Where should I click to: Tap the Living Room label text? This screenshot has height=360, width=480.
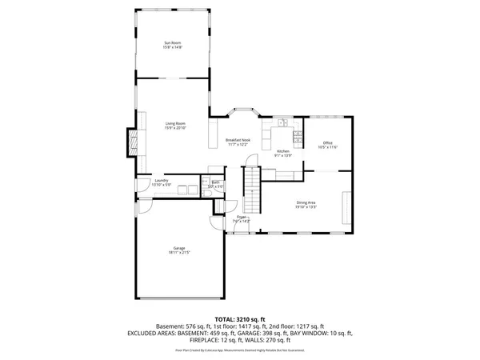176,123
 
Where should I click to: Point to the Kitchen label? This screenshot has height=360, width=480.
282,151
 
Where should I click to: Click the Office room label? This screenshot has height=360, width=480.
328,142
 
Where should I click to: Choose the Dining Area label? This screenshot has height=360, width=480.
306,202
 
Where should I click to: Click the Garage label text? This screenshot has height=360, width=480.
178,248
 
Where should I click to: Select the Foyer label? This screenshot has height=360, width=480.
239,217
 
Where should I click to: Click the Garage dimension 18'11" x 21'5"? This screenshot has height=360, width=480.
178,253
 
